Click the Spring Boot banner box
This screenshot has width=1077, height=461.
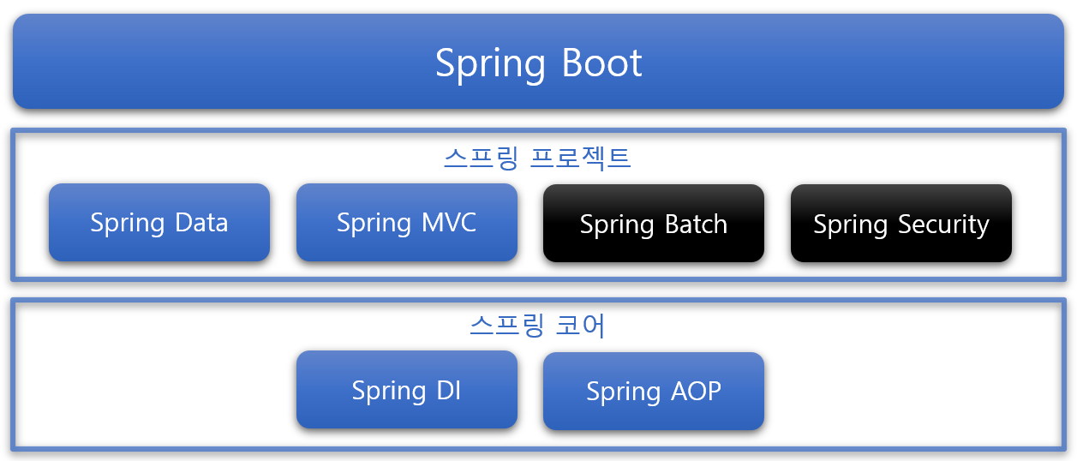[x=538, y=62]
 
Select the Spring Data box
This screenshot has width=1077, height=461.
[x=159, y=223]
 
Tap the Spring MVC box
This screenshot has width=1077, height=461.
[x=407, y=223]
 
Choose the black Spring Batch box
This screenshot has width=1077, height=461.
[x=654, y=224]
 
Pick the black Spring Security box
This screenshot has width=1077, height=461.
[x=901, y=224]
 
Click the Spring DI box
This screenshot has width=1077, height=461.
[x=407, y=390]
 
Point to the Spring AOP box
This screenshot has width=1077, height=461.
[x=654, y=391]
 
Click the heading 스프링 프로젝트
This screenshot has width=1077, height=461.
[x=538, y=159]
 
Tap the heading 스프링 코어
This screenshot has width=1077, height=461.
[x=538, y=326]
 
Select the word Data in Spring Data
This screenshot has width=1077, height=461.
[x=201, y=223]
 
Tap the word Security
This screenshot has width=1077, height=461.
[x=944, y=225]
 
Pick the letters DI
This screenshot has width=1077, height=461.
[x=448, y=390]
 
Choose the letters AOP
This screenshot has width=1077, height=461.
[x=695, y=391]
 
